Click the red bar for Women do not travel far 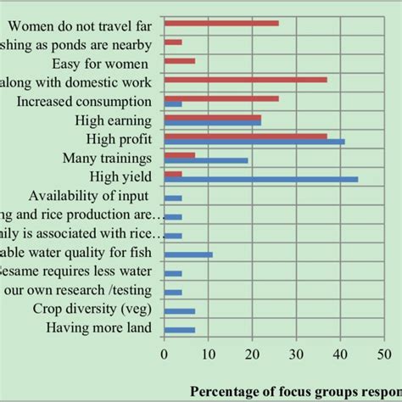(221, 22)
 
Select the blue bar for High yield (261, 179)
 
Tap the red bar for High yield (173, 173)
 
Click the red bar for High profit (246, 136)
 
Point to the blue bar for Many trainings (206, 160)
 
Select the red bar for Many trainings (180, 154)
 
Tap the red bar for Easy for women (180, 60)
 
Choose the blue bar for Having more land (180, 329)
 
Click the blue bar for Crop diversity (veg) (180, 310)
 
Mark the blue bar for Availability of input (173, 198)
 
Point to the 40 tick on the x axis (340, 347)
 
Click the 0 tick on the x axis (165, 347)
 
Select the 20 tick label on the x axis (252, 355)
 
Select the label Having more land (99, 327)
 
